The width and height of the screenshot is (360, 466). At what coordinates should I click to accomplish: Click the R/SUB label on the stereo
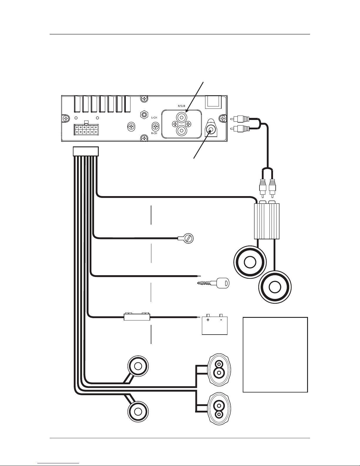point(182,106)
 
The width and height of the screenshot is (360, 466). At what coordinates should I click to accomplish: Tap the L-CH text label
point(154,118)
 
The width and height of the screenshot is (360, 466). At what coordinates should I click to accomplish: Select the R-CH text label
point(154,133)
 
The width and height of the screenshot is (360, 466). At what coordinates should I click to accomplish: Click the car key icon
point(213,283)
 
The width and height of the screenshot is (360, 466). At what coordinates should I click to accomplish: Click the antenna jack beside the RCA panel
point(211,130)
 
